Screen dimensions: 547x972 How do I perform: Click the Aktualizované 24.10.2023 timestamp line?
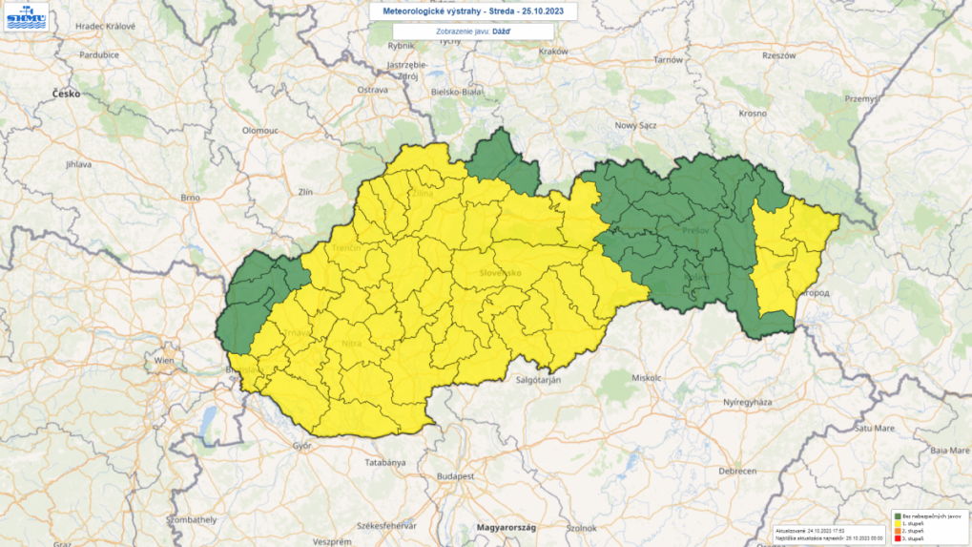click(810, 529)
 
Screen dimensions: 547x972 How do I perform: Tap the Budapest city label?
click(455, 474)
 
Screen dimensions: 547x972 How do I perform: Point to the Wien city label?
click(165, 361)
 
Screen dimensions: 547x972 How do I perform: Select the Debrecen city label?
click(737, 471)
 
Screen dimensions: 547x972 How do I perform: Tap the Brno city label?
click(189, 197)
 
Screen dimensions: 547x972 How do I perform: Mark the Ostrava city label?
click(372, 89)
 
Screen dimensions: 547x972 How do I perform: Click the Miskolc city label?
click(645, 377)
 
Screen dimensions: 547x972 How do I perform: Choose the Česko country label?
click(67, 94)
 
